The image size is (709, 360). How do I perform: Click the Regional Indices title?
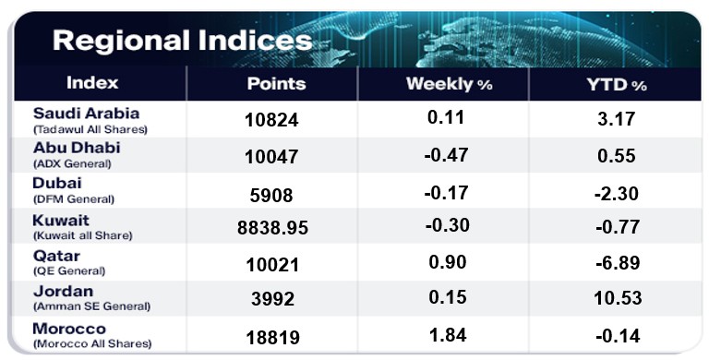pos(182,41)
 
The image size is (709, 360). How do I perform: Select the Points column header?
pos(276,84)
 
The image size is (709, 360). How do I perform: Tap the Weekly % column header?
pos(449,84)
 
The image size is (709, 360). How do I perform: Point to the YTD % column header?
pos(617,84)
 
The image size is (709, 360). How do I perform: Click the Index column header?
pos(92,83)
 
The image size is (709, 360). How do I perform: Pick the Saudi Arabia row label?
pos(86,113)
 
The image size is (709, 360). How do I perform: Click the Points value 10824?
pos(271,120)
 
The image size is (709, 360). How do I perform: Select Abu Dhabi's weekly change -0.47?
pos(446,155)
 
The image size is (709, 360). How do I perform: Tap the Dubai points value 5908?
pos(271,196)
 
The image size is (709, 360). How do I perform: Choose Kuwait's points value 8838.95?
pos(272,227)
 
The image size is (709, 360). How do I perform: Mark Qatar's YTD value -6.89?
pos(618,263)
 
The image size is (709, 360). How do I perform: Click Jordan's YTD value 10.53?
pos(618,298)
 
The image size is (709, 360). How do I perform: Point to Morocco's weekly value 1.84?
pos(448,335)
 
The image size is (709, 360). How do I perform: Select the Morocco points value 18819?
pos(272,338)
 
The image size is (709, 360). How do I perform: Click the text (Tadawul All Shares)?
pos(90,129)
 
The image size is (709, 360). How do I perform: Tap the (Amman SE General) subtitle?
pos(91,306)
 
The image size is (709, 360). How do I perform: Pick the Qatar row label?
pos(56,256)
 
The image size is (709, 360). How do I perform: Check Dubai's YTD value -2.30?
pos(617,194)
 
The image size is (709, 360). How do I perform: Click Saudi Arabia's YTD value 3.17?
pos(617,119)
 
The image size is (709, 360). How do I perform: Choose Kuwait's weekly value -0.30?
pos(447,225)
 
